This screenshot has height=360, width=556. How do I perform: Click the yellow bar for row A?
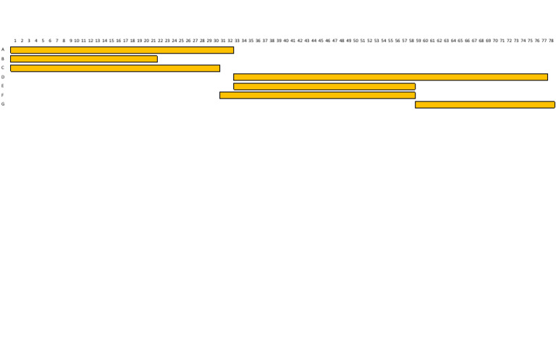(122, 50)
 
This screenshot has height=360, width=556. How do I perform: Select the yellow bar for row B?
(84, 59)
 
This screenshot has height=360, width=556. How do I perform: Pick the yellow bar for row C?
(115, 68)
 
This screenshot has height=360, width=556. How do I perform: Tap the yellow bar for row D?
(390, 77)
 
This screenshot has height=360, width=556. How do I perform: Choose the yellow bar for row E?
(324, 86)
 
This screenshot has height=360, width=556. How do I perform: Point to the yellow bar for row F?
(317, 95)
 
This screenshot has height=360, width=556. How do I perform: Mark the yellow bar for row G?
(485, 104)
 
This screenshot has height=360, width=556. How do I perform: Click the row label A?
(3, 50)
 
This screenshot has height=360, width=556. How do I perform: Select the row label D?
(3, 77)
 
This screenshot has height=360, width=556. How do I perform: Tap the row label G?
(3, 104)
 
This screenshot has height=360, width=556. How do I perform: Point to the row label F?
(2, 95)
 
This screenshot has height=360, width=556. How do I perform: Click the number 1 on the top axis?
(15, 41)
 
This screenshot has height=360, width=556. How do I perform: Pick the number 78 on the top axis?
(551, 41)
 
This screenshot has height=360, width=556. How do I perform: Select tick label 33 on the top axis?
(237, 41)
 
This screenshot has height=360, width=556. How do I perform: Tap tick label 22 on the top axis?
(160, 41)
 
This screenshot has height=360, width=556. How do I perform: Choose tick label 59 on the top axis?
(418, 41)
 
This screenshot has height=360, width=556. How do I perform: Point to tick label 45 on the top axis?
(321, 41)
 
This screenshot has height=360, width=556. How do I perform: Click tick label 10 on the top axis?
(77, 41)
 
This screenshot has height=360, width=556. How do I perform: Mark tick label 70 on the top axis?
(495, 41)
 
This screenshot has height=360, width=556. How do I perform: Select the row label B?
(3, 59)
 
